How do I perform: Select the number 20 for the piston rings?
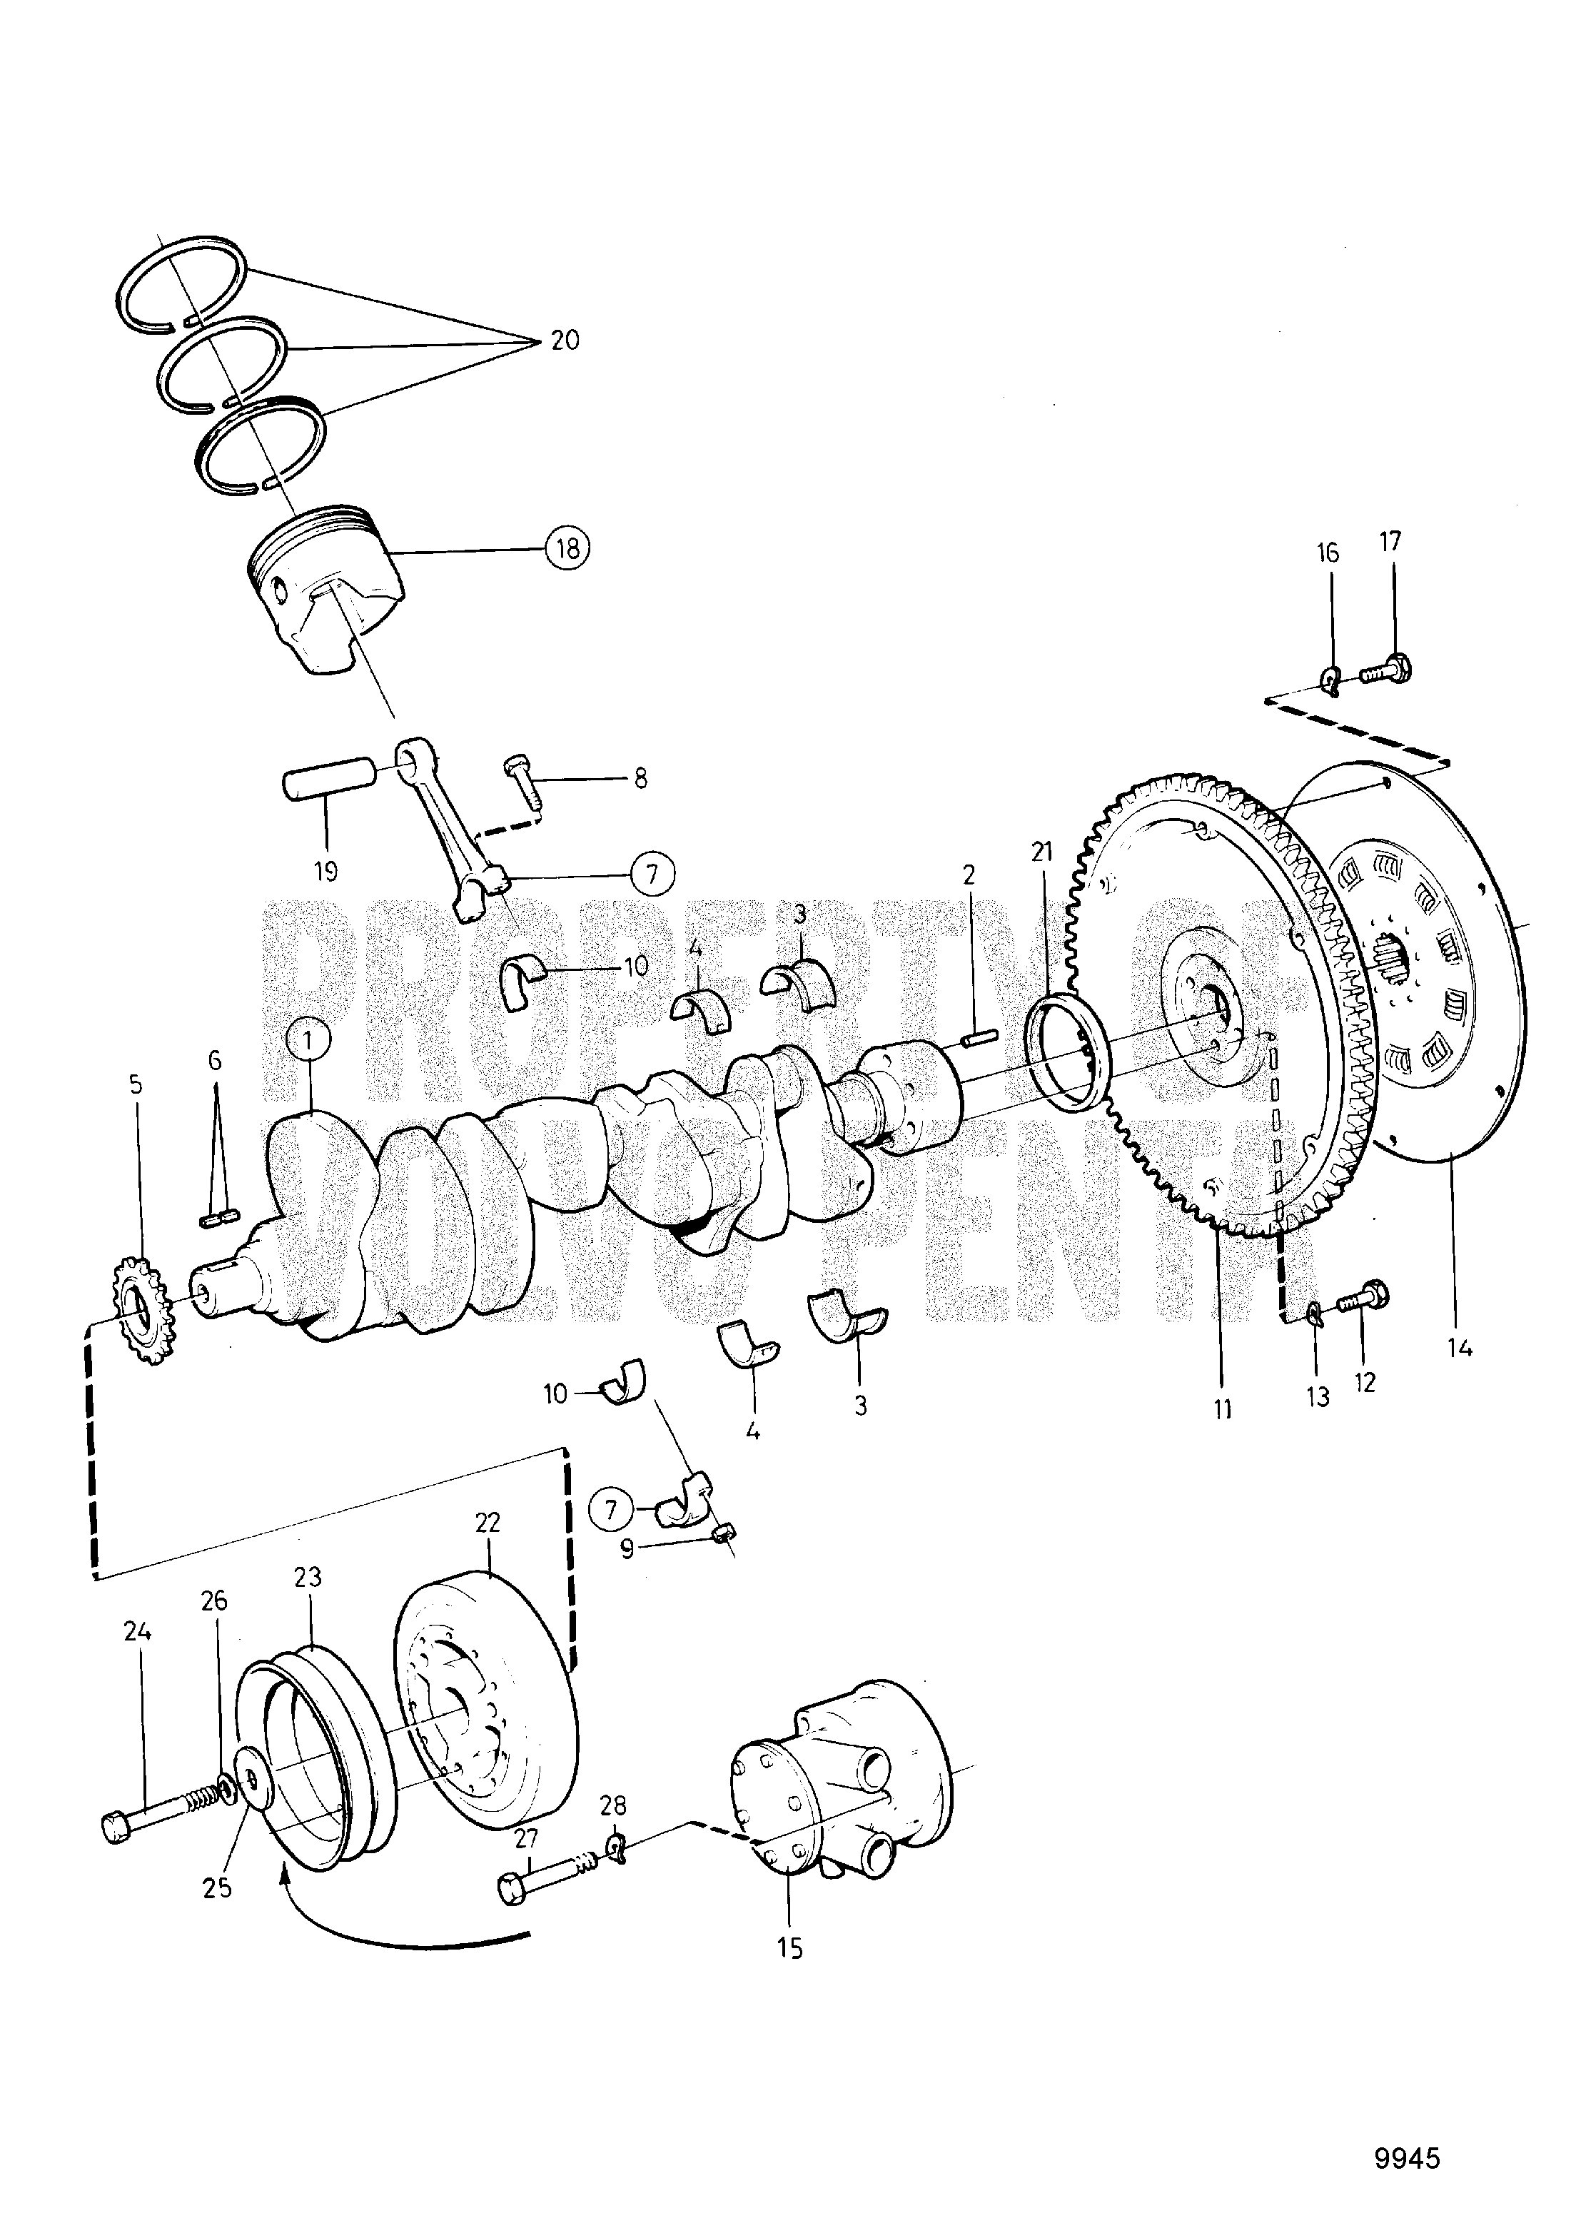click(x=565, y=340)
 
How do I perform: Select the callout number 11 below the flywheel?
click(x=1223, y=1408)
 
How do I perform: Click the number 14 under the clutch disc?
click(x=1460, y=1347)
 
